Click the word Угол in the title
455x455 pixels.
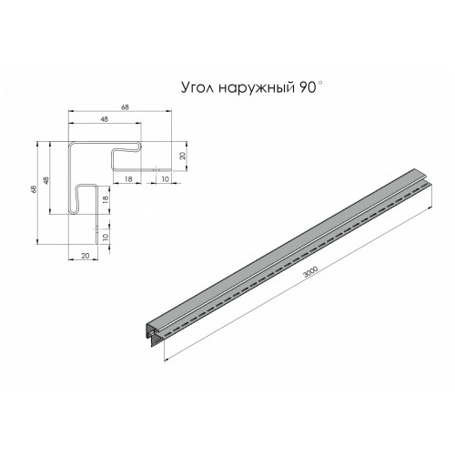197,88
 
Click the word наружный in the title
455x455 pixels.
257,88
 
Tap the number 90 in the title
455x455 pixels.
308,87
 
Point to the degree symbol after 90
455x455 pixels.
319,83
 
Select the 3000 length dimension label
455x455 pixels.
310,272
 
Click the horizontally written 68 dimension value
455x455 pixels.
125,107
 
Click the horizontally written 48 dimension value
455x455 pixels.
104,119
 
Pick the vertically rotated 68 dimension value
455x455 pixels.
34,189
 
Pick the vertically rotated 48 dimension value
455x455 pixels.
46,181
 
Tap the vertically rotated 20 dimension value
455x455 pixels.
182,156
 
